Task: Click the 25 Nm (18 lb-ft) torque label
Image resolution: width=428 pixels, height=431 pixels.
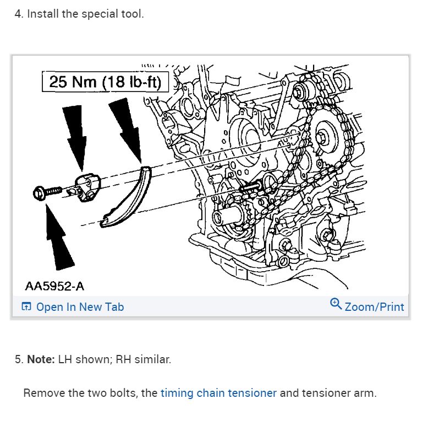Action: pos(105,82)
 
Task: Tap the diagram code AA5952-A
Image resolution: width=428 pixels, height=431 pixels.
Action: pos(54,286)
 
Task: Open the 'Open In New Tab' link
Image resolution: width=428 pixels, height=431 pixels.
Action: pos(80,307)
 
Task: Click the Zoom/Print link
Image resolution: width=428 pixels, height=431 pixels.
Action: pos(374,307)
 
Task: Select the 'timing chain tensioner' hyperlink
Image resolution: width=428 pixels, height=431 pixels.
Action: pos(218,394)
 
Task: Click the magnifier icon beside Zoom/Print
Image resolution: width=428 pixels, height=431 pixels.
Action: pos(336,304)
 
